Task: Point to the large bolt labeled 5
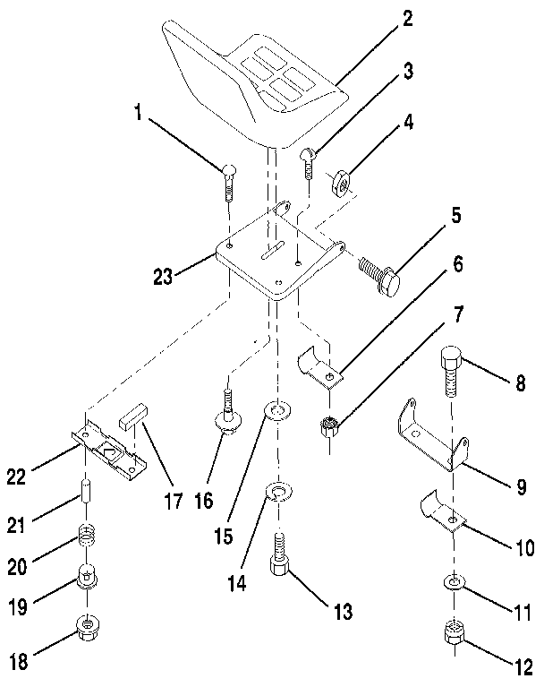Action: (380, 274)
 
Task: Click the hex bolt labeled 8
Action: (450, 373)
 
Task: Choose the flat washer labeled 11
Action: (452, 584)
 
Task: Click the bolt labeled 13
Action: (277, 560)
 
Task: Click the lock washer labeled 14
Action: (276, 491)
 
